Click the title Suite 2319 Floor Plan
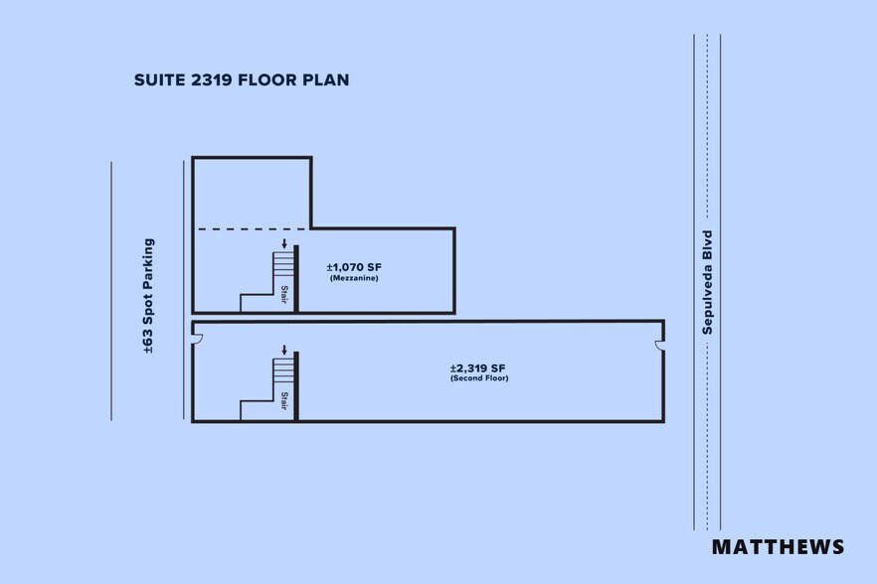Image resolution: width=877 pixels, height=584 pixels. (x=242, y=79)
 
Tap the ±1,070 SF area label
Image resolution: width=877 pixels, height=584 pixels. (x=353, y=267)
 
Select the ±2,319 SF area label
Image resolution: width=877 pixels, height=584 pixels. (x=478, y=367)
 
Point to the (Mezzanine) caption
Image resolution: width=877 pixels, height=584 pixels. (x=353, y=278)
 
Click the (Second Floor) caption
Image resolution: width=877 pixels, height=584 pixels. (x=478, y=378)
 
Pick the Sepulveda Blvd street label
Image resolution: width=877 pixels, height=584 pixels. (x=708, y=282)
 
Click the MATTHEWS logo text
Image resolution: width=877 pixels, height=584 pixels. (x=778, y=546)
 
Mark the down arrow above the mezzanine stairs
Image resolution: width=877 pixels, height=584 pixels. (x=284, y=242)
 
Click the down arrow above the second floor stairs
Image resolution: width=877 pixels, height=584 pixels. (x=284, y=350)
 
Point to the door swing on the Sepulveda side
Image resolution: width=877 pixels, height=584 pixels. (x=658, y=345)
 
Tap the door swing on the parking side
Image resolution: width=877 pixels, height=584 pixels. (x=197, y=340)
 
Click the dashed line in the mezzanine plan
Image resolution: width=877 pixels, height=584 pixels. (x=253, y=229)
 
